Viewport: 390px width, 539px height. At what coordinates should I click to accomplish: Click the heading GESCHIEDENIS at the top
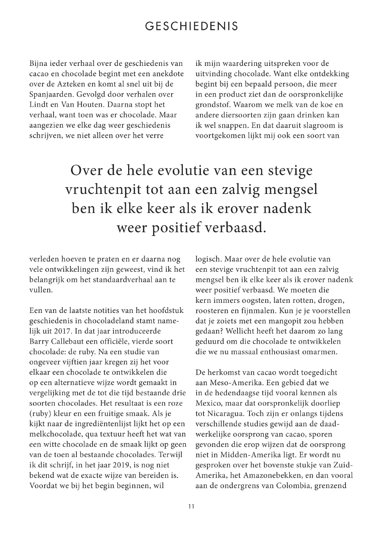pyautogui.click(x=191, y=26)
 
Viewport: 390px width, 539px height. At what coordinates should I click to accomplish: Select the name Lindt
pyautogui.click(x=39, y=104)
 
